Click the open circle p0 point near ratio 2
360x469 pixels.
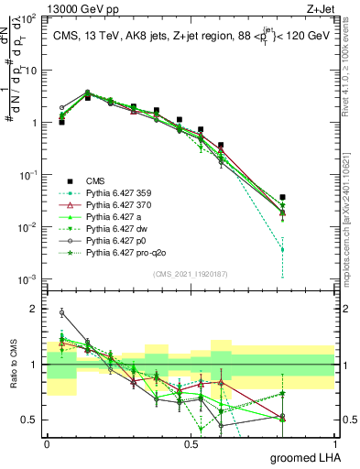62,312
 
